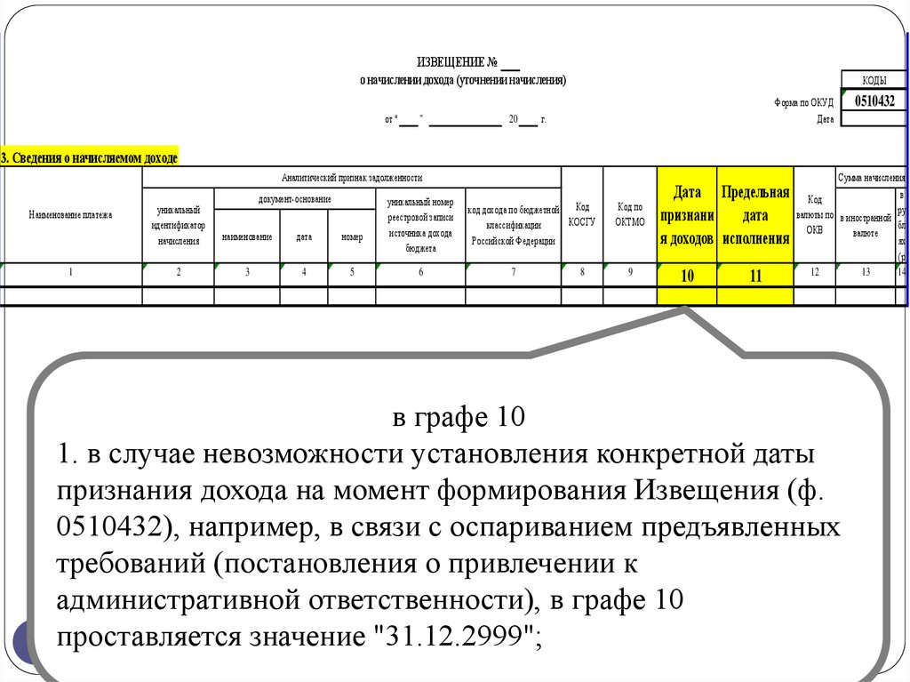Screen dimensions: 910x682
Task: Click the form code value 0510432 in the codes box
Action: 874,100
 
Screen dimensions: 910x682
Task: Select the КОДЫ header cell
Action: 874,81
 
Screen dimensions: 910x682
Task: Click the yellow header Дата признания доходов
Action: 687,215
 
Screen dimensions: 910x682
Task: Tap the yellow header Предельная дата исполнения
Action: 755,215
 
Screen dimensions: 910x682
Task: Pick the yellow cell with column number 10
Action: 687,276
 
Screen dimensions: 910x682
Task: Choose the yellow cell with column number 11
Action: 755,276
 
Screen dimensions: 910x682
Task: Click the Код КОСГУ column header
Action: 582,215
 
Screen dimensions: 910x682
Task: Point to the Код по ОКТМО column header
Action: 629,215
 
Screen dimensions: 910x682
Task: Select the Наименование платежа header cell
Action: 71,215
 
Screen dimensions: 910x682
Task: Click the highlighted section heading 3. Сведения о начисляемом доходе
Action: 90,157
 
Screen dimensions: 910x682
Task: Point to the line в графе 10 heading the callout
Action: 459,416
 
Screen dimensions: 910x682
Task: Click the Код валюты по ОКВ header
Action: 814,215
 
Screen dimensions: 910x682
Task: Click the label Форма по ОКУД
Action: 803,102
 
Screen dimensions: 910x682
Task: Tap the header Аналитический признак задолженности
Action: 351,178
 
